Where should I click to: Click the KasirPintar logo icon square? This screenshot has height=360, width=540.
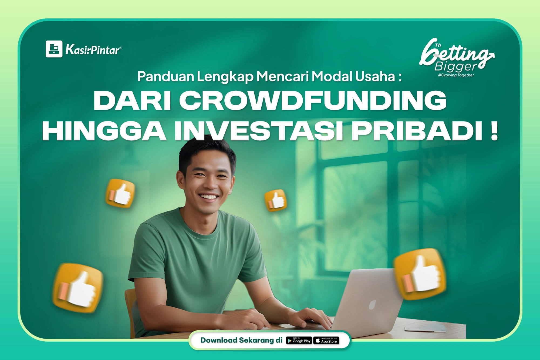tap(54, 49)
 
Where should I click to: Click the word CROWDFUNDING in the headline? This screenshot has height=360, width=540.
tap(312, 100)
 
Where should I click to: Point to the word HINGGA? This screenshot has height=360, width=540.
tap(104, 131)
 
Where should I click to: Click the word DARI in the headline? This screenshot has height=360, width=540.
tap(132, 100)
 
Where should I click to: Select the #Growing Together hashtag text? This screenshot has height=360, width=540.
tap(456, 75)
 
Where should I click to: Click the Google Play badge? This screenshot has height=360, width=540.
tap(299, 341)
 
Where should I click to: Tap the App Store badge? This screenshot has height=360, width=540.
tap(326, 341)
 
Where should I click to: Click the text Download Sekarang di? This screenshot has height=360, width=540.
tap(241, 340)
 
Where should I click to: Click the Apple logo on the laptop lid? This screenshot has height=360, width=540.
tap(372, 305)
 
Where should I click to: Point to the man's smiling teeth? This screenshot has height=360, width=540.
tap(208, 197)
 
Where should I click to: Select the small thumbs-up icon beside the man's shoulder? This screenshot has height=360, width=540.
tap(275, 200)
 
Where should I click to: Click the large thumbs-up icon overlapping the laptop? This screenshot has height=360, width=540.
tap(420, 274)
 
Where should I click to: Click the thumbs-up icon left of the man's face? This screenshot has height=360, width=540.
tap(120, 193)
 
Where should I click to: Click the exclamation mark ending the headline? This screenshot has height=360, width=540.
tap(494, 131)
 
